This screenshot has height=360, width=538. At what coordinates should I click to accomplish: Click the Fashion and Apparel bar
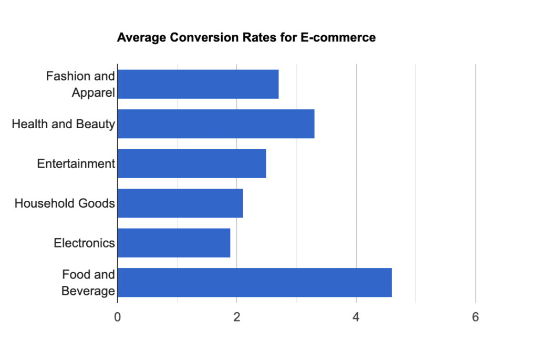pos(198,84)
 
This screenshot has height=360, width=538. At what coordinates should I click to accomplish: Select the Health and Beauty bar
pos(216,124)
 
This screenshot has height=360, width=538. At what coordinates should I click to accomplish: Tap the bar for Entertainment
pos(192,163)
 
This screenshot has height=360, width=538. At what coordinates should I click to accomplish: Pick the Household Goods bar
pos(180,203)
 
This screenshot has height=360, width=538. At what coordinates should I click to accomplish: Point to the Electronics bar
pos(174,243)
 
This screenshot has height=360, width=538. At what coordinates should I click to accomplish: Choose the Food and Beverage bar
pos(255,282)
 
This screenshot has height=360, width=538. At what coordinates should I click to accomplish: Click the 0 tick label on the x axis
pos(118,317)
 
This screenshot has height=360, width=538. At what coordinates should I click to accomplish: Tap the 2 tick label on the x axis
pos(237,317)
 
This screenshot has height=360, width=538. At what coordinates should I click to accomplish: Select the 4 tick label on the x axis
pos(356,317)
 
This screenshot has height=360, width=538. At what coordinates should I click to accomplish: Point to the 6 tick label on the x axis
pos(475,317)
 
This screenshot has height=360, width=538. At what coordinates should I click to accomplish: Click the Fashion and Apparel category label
pos(80,84)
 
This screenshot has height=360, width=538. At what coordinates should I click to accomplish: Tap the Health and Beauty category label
pos(63,124)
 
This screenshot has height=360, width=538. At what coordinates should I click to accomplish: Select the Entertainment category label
pos(76,163)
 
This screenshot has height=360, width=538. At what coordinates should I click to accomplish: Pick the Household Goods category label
pos(65,203)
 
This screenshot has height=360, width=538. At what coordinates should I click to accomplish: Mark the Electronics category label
pos(84,243)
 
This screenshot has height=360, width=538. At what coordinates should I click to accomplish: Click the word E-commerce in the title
pos(343,38)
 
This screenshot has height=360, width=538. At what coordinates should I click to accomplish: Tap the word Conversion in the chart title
pos(196,38)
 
